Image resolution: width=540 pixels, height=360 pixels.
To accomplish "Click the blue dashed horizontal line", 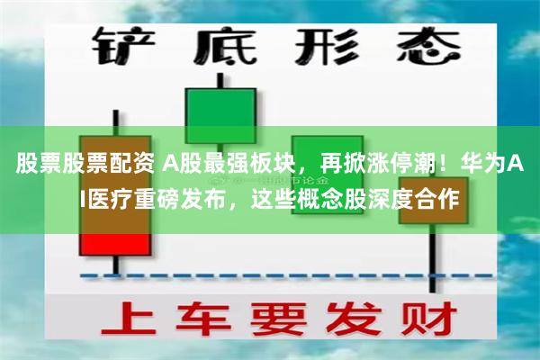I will [x=270, y=274].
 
